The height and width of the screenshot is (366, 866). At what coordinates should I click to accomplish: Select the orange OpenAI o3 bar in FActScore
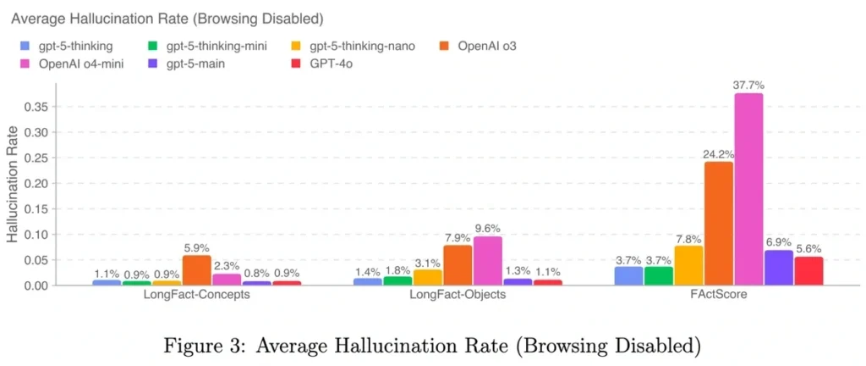coord(718,224)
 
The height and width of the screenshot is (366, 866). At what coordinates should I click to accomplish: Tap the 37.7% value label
coord(748,85)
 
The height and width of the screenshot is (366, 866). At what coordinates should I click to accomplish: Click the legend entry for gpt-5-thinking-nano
coord(354,46)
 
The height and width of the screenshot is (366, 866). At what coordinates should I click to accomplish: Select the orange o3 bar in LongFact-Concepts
coord(196,270)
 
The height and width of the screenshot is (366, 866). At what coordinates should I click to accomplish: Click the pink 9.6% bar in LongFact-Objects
coord(487,261)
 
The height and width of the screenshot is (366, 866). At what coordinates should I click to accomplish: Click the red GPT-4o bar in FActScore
coord(808,271)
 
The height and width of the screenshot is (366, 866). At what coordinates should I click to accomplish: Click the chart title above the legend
coord(167,18)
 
